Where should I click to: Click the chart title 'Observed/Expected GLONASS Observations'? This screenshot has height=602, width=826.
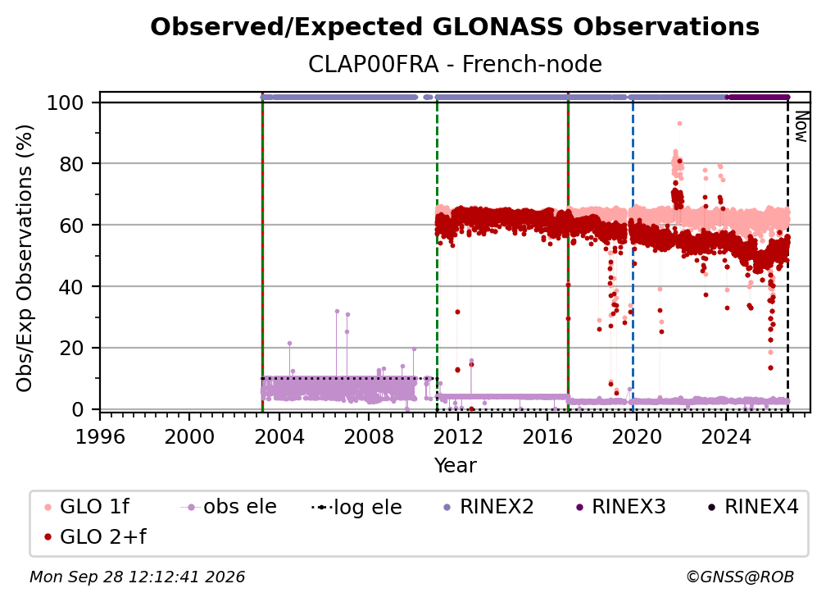pyautogui.click(x=455, y=27)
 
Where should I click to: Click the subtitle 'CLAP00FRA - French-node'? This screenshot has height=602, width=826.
pyautogui.click(x=455, y=64)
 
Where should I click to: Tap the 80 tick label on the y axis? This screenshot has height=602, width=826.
pyautogui.click(x=71, y=164)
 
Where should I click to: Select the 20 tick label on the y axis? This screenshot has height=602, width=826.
pyautogui.click(x=71, y=348)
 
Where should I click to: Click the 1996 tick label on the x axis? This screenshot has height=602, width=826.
pyautogui.click(x=100, y=437)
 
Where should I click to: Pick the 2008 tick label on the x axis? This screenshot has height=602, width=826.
pyautogui.click(x=368, y=437)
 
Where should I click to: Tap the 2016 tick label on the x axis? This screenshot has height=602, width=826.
pyautogui.click(x=547, y=437)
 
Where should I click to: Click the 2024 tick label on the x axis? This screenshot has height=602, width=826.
pyautogui.click(x=725, y=437)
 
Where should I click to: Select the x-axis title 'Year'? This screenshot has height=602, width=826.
pyautogui.click(x=455, y=466)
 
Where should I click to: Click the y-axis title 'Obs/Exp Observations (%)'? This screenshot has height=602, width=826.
pyautogui.click(x=25, y=258)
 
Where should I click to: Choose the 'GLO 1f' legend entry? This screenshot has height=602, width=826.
pyautogui.click(x=87, y=507)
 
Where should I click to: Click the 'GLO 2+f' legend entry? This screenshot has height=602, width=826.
pyautogui.click(x=95, y=537)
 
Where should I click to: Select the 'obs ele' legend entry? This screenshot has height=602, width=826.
pyautogui.click(x=229, y=507)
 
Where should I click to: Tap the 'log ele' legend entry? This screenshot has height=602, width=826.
pyautogui.click(x=356, y=508)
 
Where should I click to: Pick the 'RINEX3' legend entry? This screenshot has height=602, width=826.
pyautogui.click(x=621, y=507)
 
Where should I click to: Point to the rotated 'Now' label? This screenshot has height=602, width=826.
pyautogui.click(x=801, y=126)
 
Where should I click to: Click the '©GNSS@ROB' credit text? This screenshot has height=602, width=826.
pyautogui.click(x=740, y=577)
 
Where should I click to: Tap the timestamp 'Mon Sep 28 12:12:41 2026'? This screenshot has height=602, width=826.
pyautogui.click(x=137, y=577)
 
